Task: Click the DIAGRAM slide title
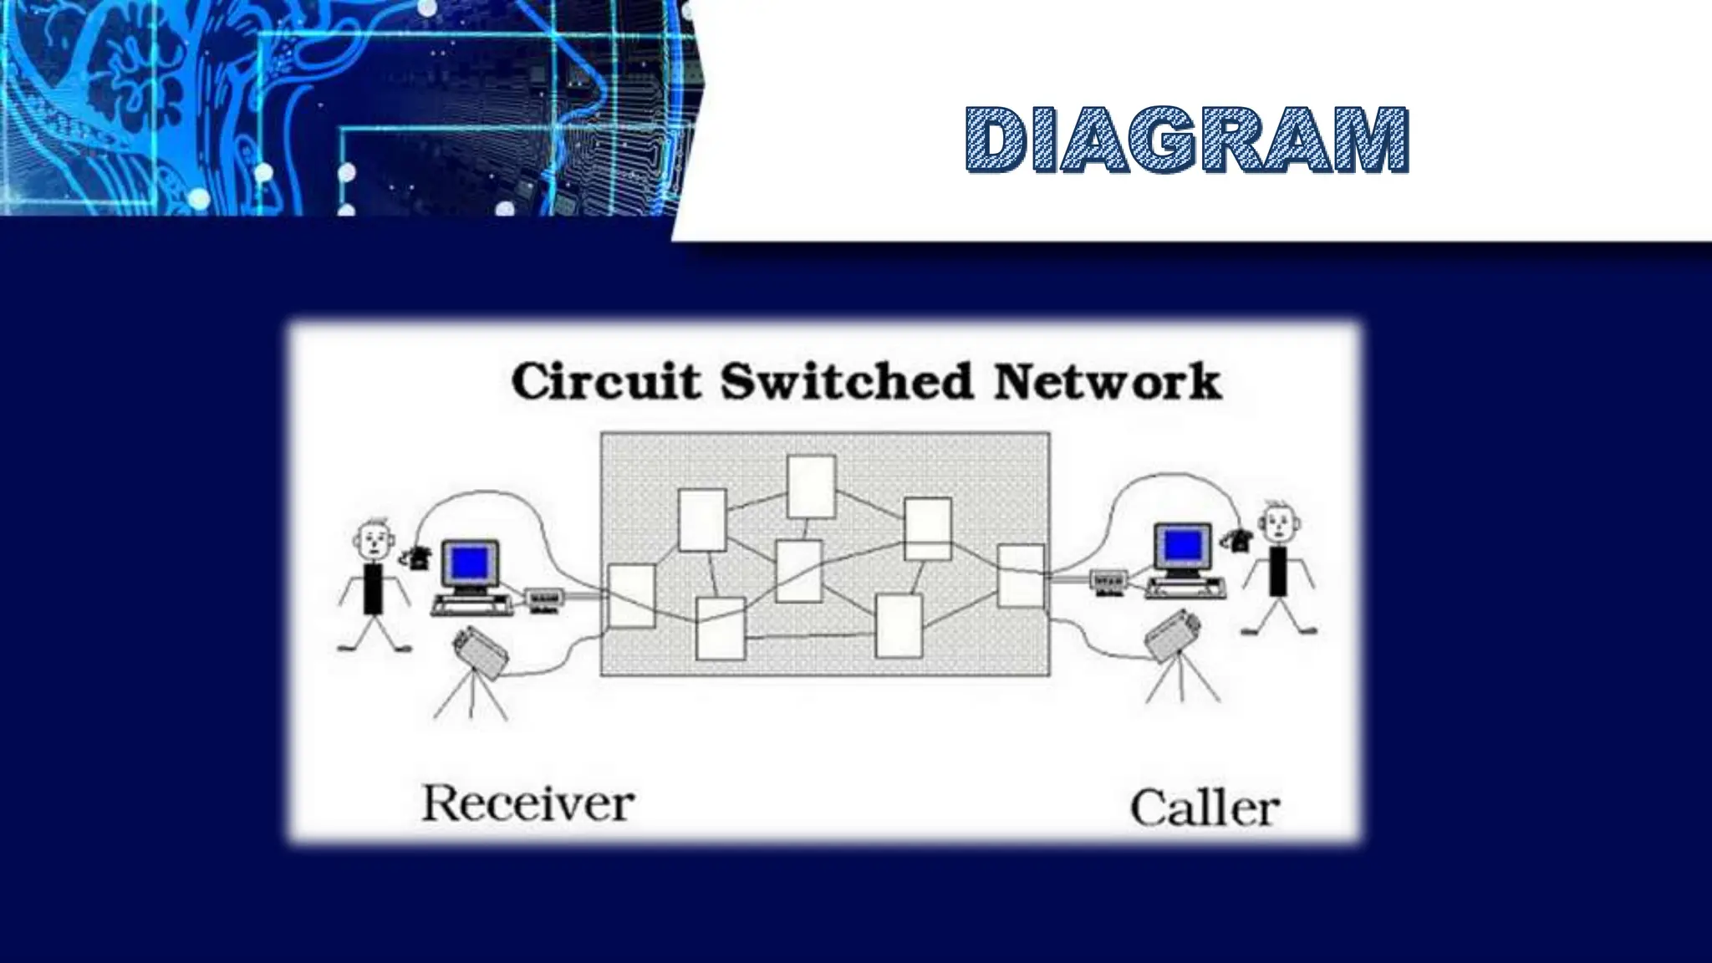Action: [1186, 140]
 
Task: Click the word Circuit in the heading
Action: [606, 382]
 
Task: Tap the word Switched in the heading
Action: [847, 382]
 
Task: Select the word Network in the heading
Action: [1107, 382]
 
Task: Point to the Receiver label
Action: [527, 804]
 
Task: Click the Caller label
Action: [1205, 809]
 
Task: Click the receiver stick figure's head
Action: [374, 542]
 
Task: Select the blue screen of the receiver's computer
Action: [469, 561]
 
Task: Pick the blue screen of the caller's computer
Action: [1182, 545]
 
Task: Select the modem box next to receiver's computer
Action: [545, 599]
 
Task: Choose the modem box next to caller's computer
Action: [1109, 580]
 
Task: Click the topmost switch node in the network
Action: [811, 487]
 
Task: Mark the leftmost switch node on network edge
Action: [631, 595]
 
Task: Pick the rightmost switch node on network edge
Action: [1022, 575]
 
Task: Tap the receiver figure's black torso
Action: [373, 588]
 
